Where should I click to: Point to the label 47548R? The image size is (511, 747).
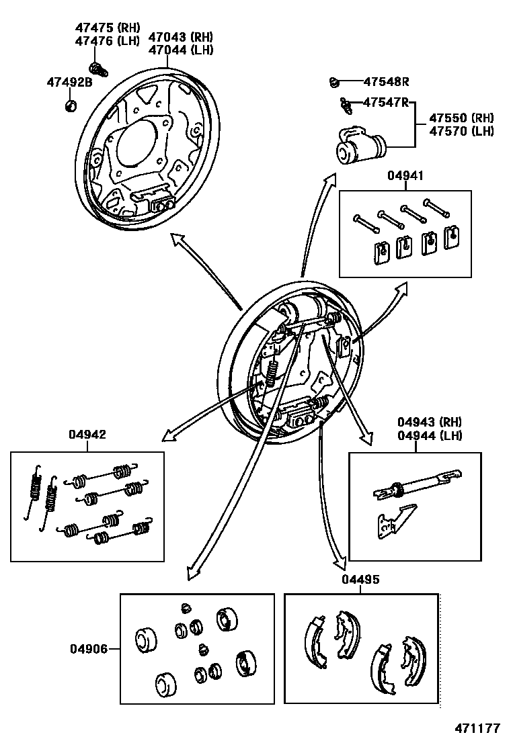coord(386,82)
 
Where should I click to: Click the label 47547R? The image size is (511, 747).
coord(386,102)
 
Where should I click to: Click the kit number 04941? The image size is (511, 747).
coord(405,176)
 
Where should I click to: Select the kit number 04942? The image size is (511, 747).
coord(87,435)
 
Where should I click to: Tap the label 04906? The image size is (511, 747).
coord(87,649)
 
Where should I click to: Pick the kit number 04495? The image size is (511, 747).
coord(360,580)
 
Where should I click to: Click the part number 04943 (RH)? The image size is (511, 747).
coord(429,423)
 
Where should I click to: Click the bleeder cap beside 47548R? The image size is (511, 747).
coord(333,82)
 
